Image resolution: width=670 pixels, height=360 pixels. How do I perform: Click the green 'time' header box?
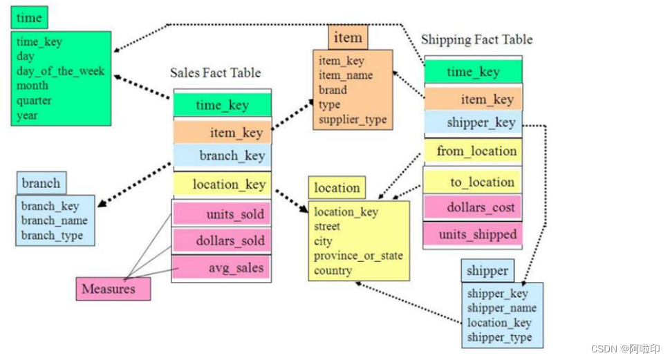[29, 17]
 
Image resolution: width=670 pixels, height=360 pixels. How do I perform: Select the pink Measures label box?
[113, 289]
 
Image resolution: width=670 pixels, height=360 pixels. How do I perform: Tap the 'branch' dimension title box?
[41, 184]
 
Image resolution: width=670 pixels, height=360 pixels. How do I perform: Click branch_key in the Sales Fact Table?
[222, 155]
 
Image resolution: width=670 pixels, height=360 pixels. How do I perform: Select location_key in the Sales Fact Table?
[222, 184]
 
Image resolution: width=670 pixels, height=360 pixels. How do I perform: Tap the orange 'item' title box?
[348, 37]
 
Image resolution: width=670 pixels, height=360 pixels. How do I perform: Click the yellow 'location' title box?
[337, 187]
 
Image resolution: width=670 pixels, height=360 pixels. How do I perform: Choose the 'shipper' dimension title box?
[487, 270]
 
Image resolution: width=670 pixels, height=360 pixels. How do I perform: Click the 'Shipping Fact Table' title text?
[477, 39]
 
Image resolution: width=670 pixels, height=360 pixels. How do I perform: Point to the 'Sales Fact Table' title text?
[215, 72]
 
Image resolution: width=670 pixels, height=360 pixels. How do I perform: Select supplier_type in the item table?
[352, 120]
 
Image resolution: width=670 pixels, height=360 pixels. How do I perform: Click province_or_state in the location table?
[357, 256]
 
